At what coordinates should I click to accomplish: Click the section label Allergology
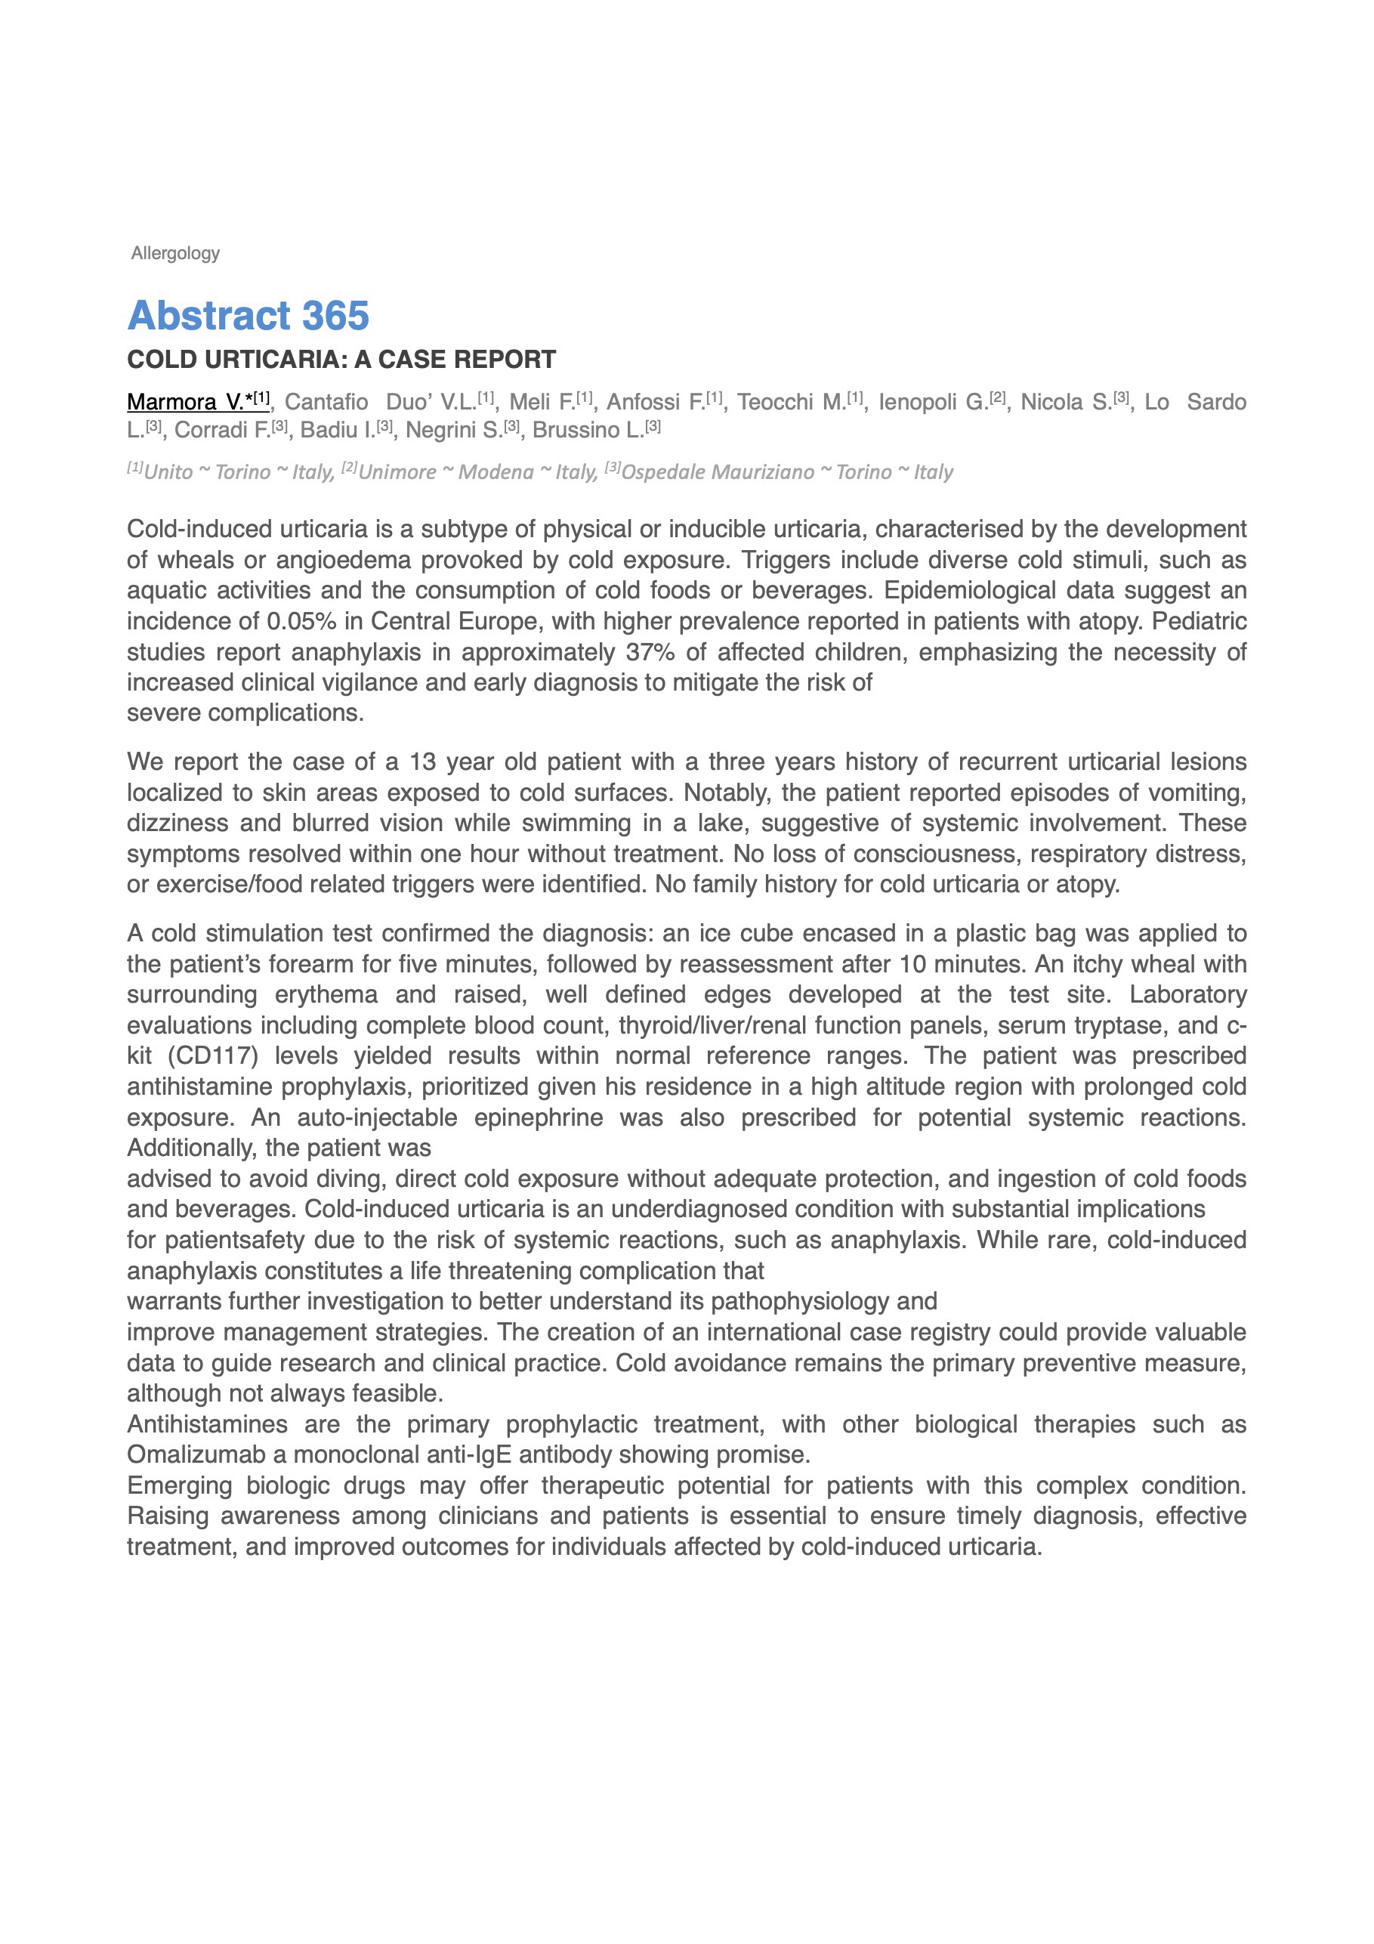[x=175, y=253]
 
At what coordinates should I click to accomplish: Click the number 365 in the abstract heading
[x=335, y=316]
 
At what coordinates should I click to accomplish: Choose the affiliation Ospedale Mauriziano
[x=718, y=472]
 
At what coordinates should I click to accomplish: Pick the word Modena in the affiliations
[x=496, y=472]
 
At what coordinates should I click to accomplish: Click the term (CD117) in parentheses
[x=212, y=1055]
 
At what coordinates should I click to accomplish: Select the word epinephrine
[x=538, y=1117]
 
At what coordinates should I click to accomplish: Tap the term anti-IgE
[x=471, y=1454]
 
